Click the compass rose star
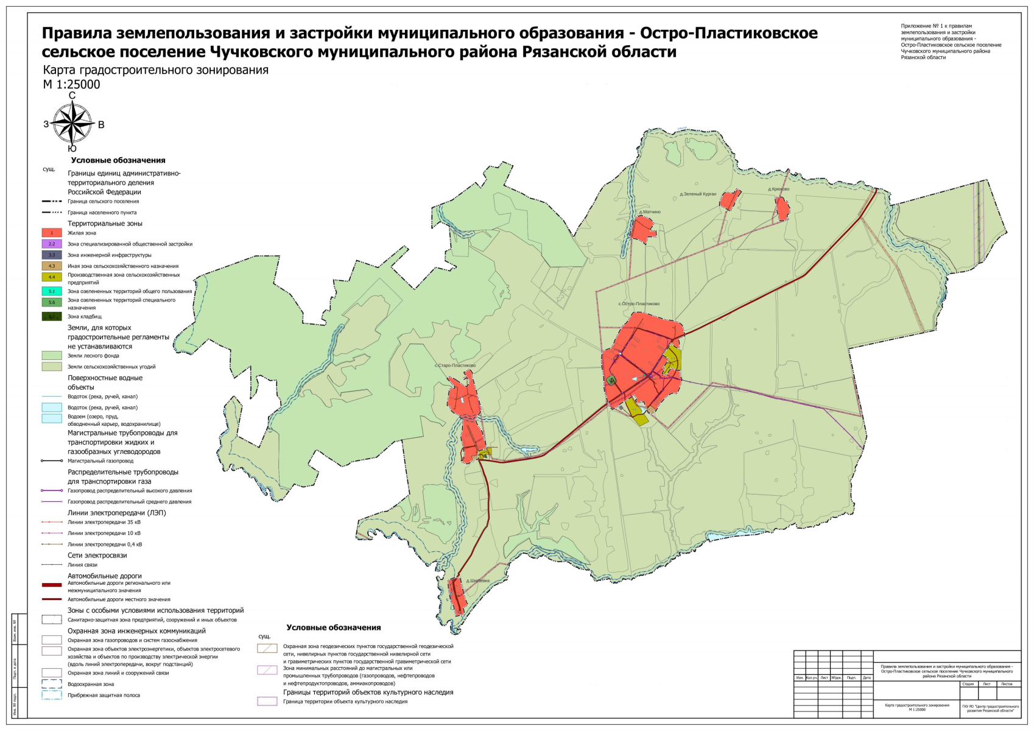[72, 122]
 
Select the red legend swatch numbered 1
[52, 233]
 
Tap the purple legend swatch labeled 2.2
[52, 244]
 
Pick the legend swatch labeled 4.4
[52, 277]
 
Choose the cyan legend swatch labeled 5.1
[52, 291]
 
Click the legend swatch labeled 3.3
[52, 255]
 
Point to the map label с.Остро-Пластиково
[639, 304]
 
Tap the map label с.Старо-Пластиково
[455, 365]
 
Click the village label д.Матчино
[649, 212]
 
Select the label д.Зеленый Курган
[698, 194]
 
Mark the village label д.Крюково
[778, 189]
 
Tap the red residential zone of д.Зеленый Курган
[729, 200]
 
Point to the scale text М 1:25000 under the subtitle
[71, 85]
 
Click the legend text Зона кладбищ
[85, 317]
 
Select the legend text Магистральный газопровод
[100, 461]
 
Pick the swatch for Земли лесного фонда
[52, 356]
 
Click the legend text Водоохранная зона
[91, 684]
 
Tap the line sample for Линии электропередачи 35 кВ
[52, 522]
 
